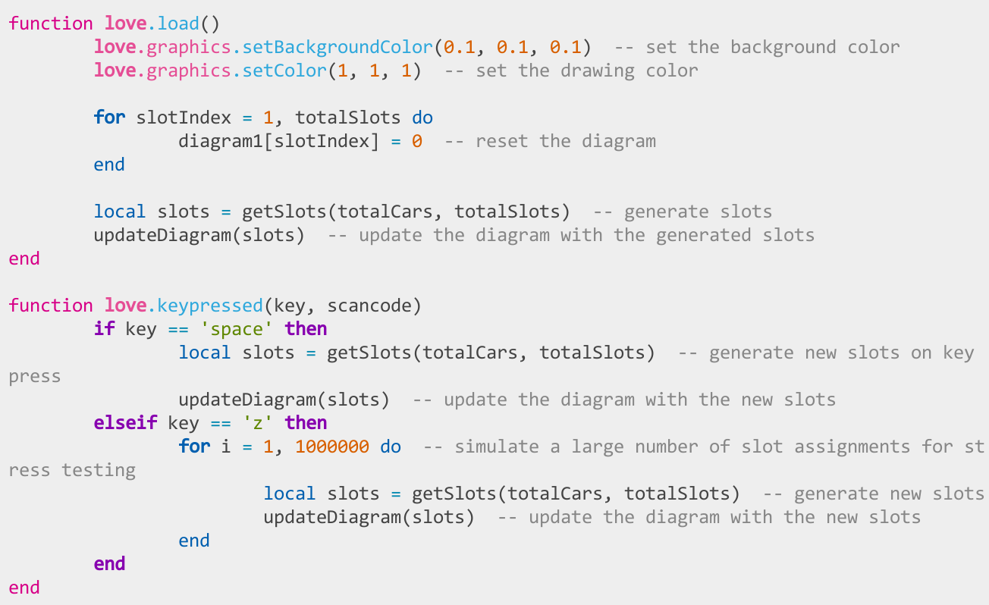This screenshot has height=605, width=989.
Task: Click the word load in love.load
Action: (178, 24)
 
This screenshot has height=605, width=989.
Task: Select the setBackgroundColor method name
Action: (338, 47)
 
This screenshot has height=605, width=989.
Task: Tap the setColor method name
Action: (284, 71)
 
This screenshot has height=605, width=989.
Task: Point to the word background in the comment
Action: (783, 47)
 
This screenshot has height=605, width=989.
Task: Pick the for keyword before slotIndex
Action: (109, 118)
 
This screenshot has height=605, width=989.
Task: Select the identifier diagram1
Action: (221, 141)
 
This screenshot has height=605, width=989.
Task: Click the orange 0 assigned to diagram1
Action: (417, 141)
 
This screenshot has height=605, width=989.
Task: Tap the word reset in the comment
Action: (502, 141)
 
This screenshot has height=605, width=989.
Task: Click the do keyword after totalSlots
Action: (422, 118)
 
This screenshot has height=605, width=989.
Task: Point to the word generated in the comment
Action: (704, 236)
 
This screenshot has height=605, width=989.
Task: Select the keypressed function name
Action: (210, 306)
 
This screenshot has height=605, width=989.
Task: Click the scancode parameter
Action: (369, 306)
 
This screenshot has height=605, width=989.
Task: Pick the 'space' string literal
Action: (236, 329)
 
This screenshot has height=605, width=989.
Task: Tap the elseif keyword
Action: (125, 423)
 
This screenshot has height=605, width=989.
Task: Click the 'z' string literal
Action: (258, 423)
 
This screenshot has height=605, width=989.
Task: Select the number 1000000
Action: (332, 447)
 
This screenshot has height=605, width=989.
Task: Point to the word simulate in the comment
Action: (497, 447)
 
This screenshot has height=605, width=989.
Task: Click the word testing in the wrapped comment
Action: (99, 470)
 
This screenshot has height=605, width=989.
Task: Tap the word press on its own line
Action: (34, 377)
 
